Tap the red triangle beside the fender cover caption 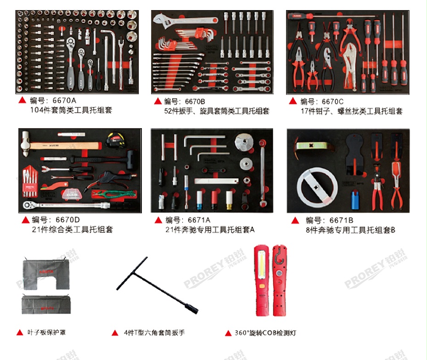20,332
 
